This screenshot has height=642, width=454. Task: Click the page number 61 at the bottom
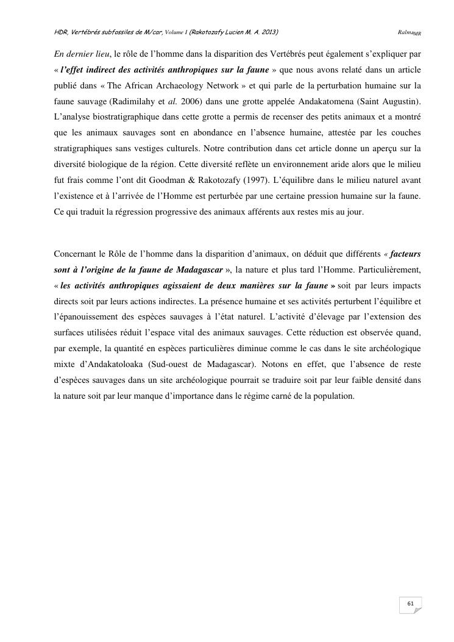point(410,604)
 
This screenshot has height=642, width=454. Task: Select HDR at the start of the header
point(62,30)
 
